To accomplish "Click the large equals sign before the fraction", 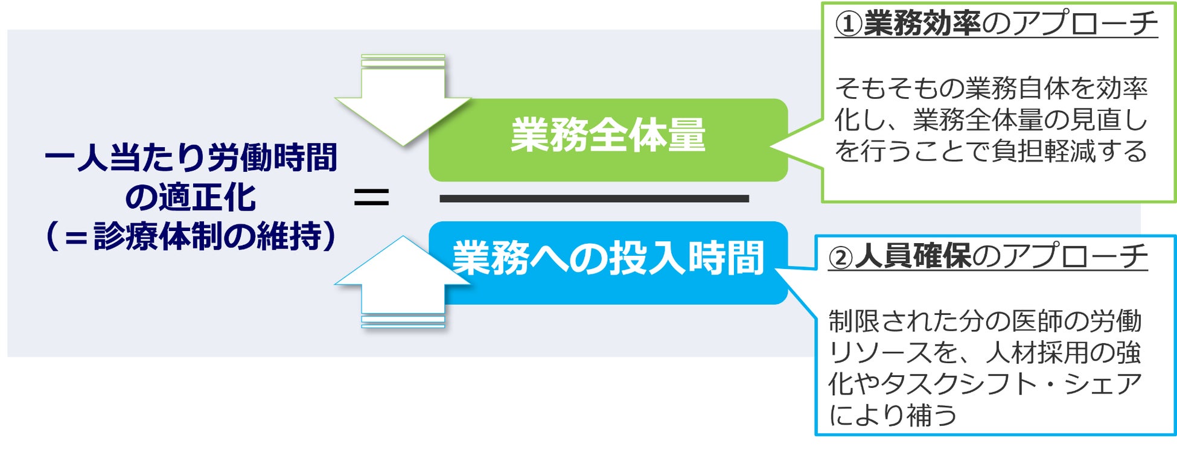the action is [371, 198].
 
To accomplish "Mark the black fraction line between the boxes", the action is [594, 198].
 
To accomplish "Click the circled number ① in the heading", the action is [849, 25].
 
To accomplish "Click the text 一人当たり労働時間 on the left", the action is [191, 157].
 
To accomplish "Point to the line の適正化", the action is [191, 197].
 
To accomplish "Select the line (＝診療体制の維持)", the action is [191, 236].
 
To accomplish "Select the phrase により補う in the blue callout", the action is [892, 416].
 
